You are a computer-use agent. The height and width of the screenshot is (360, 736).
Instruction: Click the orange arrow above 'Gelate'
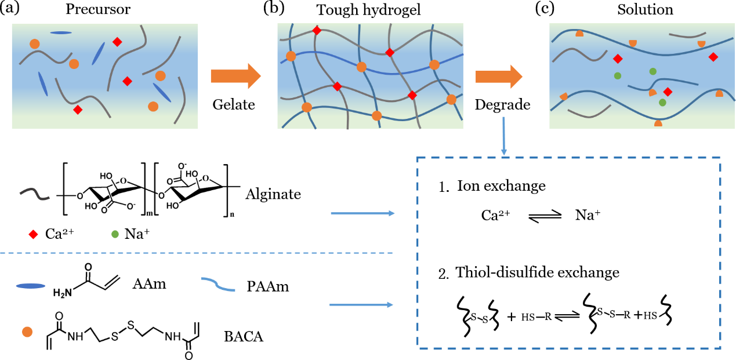click(235, 76)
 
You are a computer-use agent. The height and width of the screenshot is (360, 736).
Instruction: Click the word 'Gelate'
click(234, 104)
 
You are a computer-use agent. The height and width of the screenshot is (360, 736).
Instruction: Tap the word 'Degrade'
click(502, 105)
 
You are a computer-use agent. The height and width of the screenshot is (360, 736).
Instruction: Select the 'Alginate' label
click(273, 194)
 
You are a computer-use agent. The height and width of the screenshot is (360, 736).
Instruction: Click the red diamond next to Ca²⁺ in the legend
click(34, 234)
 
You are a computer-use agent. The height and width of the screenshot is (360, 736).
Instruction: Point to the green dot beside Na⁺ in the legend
click(113, 234)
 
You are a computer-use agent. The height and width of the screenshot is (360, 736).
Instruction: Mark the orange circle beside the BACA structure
click(27, 332)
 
